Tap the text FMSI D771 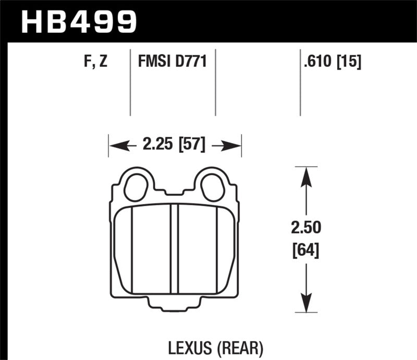click(173, 62)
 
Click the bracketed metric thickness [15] click(348, 62)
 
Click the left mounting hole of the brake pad click(137, 186)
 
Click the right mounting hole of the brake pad click(212, 186)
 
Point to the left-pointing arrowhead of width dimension click(117, 145)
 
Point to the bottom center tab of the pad click(175, 306)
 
